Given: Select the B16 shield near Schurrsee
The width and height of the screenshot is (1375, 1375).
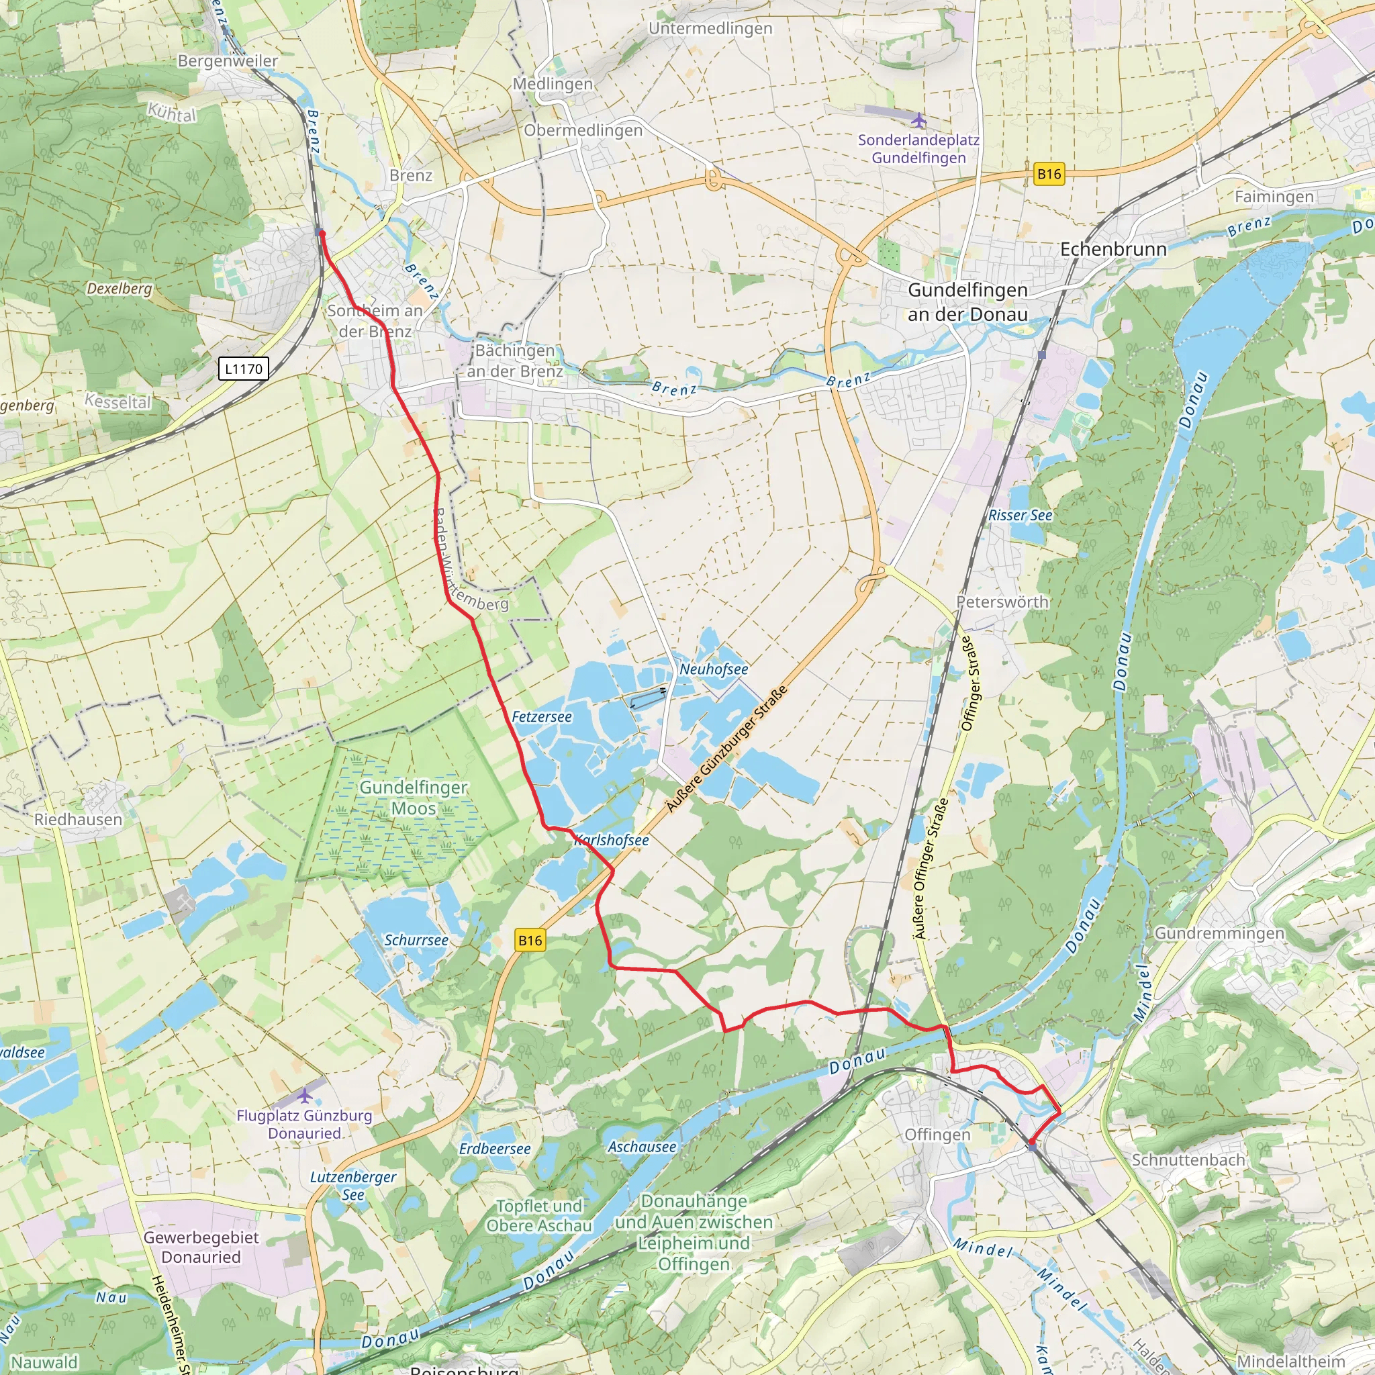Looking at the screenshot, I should click(530, 940).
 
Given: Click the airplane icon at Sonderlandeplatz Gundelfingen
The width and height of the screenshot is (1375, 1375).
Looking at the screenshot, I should click(919, 119).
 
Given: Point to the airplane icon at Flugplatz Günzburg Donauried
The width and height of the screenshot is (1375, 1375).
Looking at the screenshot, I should click(305, 1094).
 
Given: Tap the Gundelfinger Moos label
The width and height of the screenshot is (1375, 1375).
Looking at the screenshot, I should click(413, 797).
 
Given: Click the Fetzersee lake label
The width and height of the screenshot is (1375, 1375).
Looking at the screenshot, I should click(542, 716).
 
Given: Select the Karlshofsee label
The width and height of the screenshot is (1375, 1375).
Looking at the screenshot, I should click(612, 840).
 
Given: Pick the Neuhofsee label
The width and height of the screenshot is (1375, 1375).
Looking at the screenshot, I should click(713, 669).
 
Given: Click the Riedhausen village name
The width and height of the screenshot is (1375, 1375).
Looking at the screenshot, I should click(79, 819).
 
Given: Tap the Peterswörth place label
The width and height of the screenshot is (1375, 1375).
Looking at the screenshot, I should click(1002, 602).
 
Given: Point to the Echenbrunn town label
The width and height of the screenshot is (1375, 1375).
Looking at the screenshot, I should click(1113, 249).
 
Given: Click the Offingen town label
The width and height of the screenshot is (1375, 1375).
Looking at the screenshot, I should click(937, 1135).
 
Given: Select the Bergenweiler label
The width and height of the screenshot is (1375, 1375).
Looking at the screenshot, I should click(228, 61).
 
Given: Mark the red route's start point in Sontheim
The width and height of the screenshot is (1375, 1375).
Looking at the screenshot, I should click(322, 233).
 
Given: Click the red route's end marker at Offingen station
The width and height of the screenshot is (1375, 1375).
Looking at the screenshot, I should click(1032, 1145).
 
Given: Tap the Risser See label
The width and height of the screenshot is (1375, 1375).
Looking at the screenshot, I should click(1020, 515).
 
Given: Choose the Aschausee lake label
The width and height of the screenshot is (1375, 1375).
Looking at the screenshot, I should click(642, 1147).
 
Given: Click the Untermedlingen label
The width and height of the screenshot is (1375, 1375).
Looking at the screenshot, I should click(710, 28).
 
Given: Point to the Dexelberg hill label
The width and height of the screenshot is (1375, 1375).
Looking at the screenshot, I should click(120, 288).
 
